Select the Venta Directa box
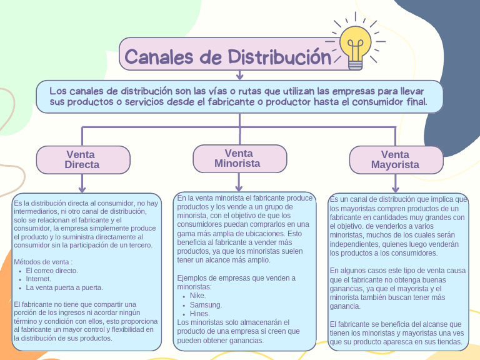(x=82, y=159)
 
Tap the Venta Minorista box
(x=239, y=158)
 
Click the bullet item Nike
(x=197, y=296)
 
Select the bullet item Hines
(x=199, y=313)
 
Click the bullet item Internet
(x=39, y=279)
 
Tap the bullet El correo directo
(x=52, y=271)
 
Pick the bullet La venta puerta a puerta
(x=64, y=287)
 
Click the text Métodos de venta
(x=43, y=261)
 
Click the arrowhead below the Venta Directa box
(x=82, y=189)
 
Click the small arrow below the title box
(x=239, y=76)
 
